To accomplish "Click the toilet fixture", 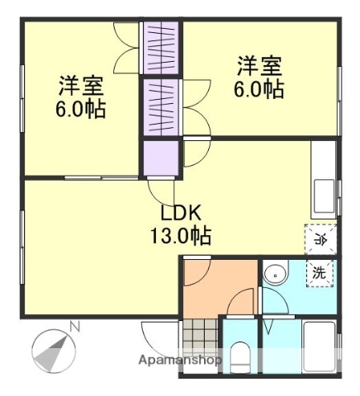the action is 239,357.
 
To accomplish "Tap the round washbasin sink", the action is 276,275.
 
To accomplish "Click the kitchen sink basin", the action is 324,196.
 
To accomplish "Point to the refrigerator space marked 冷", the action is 320,239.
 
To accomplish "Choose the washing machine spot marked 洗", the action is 320,273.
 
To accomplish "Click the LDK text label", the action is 181,214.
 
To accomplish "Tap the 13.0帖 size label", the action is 181,236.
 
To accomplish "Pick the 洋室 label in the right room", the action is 259,66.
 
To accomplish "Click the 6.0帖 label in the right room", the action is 259,89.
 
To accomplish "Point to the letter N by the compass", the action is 75,328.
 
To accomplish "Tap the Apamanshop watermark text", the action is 180,360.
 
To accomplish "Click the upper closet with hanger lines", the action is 161,48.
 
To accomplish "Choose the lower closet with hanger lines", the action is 161,107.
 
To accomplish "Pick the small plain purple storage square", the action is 161,158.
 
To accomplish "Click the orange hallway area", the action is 220,289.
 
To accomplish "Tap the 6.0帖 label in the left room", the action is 81,109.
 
